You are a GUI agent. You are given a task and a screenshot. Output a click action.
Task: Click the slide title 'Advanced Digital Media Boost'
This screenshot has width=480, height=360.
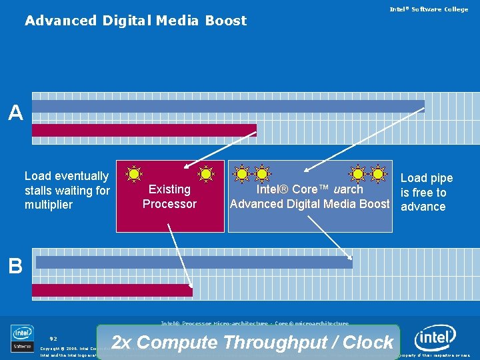pyautogui.click(x=135, y=21)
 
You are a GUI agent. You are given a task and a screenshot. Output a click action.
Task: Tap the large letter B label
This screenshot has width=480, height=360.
pyautogui.click(x=15, y=267)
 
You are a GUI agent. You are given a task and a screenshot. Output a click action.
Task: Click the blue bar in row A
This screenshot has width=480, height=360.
pyautogui.click(x=228, y=106)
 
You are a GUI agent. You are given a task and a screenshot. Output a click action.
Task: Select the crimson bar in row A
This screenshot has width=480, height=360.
pyautogui.click(x=144, y=130)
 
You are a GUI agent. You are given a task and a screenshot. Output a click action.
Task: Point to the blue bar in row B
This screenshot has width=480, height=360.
pyautogui.click(x=193, y=262)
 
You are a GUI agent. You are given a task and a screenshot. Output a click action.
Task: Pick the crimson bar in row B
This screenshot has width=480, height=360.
pyautogui.click(x=112, y=290)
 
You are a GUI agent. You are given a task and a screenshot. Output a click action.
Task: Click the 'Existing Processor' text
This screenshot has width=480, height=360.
pyautogui.click(x=169, y=197)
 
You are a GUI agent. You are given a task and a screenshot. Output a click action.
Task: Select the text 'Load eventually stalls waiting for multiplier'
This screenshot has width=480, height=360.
pyautogui.click(x=67, y=190)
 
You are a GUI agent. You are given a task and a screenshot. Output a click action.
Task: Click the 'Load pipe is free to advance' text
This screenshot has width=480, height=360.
pyautogui.click(x=426, y=192)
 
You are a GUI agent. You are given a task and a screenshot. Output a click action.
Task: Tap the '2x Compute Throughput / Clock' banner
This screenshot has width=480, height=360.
pyautogui.click(x=252, y=343)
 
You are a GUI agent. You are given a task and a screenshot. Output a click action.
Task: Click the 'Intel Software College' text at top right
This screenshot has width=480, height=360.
pyautogui.click(x=429, y=9)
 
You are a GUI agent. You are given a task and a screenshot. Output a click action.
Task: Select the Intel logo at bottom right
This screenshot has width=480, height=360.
pyautogui.click(x=435, y=339)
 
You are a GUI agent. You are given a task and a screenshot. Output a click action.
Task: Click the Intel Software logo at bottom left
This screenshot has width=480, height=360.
pyautogui.click(x=22, y=338)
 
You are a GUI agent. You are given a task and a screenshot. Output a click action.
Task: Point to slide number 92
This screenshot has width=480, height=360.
pyautogui.click(x=53, y=339)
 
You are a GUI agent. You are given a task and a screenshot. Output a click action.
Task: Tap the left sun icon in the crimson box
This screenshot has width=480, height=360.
pyautogui.click(x=134, y=174)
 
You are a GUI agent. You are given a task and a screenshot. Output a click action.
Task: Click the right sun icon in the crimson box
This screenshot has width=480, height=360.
pyautogui.click(x=207, y=174)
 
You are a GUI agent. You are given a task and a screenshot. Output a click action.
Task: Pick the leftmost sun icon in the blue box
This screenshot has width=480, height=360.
pyautogui.click(x=242, y=174)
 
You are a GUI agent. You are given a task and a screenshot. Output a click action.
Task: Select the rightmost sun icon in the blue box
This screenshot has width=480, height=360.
pyautogui.click(x=378, y=174)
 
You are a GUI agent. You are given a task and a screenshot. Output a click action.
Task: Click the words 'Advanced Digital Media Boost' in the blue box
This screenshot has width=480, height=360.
pyautogui.click(x=309, y=204)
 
